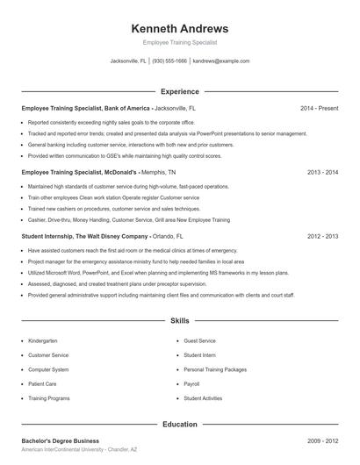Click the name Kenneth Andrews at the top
click(x=179, y=28)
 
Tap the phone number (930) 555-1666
click(x=170, y=61)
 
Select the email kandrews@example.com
click(x=221, y=61)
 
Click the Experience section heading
click(x=179, y=91)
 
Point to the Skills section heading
click(x=179, y=322)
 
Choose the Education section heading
click(x=179, y=424)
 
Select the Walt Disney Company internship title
click(x=102, y=237)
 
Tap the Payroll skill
click(x=191, y=384)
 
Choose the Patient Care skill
click(x=42, y=384)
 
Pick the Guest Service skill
click(x=199, y=340)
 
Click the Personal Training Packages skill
click(x=214, y=369)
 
